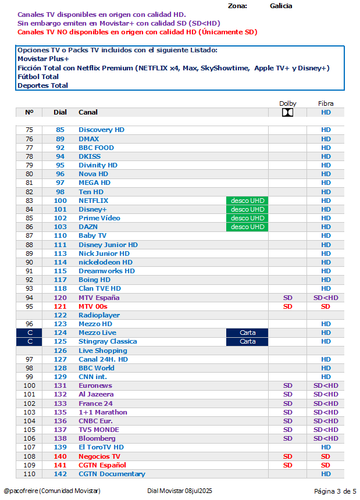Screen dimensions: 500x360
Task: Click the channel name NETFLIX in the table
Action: [93, 201]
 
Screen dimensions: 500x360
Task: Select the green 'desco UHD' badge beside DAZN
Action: [247, 227]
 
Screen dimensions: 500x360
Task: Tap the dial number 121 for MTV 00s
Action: [60, 306]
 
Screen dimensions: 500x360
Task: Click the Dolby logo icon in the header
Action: [287, 113]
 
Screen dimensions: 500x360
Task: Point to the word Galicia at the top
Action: [281, 6]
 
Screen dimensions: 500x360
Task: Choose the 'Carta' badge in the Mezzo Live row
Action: [247, 333]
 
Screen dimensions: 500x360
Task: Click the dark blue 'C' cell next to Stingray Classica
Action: [29, 342]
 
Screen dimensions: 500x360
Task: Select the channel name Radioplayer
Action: [99, 315]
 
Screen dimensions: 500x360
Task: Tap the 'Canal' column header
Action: [88, 112]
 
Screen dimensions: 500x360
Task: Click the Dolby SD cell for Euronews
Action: [287, 386]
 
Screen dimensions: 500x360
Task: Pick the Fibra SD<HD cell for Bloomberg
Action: [326, 439]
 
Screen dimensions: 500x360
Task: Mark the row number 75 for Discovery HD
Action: [29, 130]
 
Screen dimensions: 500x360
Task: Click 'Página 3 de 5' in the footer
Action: [335, 491]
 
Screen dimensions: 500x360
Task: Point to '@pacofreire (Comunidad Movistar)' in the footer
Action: [52, 491]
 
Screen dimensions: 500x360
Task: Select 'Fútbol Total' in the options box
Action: [38, 77]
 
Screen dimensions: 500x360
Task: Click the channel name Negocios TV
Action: [99, 456]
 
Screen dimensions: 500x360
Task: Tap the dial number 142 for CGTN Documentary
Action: [60, 474]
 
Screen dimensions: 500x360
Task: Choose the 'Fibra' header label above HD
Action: [326, 103]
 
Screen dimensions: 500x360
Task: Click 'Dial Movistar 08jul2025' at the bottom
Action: [180, 491]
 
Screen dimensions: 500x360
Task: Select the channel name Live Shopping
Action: [102, 351]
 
